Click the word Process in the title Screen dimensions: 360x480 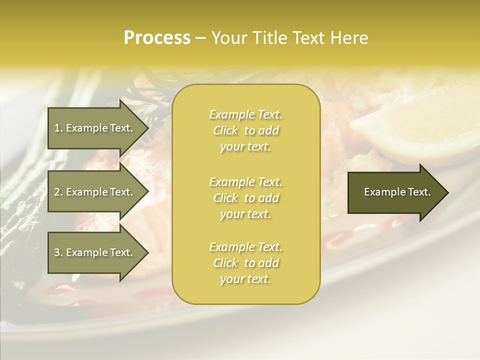click(157, 38)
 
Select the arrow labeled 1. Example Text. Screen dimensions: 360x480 click(95, 128)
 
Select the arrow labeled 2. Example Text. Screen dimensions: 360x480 click(95, 192)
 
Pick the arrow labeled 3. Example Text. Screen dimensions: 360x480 click(95, 252)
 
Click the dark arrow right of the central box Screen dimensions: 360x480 click(395, 192)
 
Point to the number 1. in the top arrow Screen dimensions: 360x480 click(58, 128)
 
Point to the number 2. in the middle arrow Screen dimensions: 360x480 click(58, 192)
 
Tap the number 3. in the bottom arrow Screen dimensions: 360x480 click(58, 252)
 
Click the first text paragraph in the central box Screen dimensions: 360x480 click(245, 130)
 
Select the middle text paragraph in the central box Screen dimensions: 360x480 click(245, 198)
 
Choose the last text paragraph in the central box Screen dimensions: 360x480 click(245, 263)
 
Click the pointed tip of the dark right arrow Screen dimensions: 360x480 click(446, 192)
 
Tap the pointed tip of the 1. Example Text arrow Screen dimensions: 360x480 click(147, 128)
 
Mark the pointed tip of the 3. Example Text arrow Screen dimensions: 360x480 click(147, 252)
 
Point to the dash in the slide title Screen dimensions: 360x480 click(200, 38)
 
